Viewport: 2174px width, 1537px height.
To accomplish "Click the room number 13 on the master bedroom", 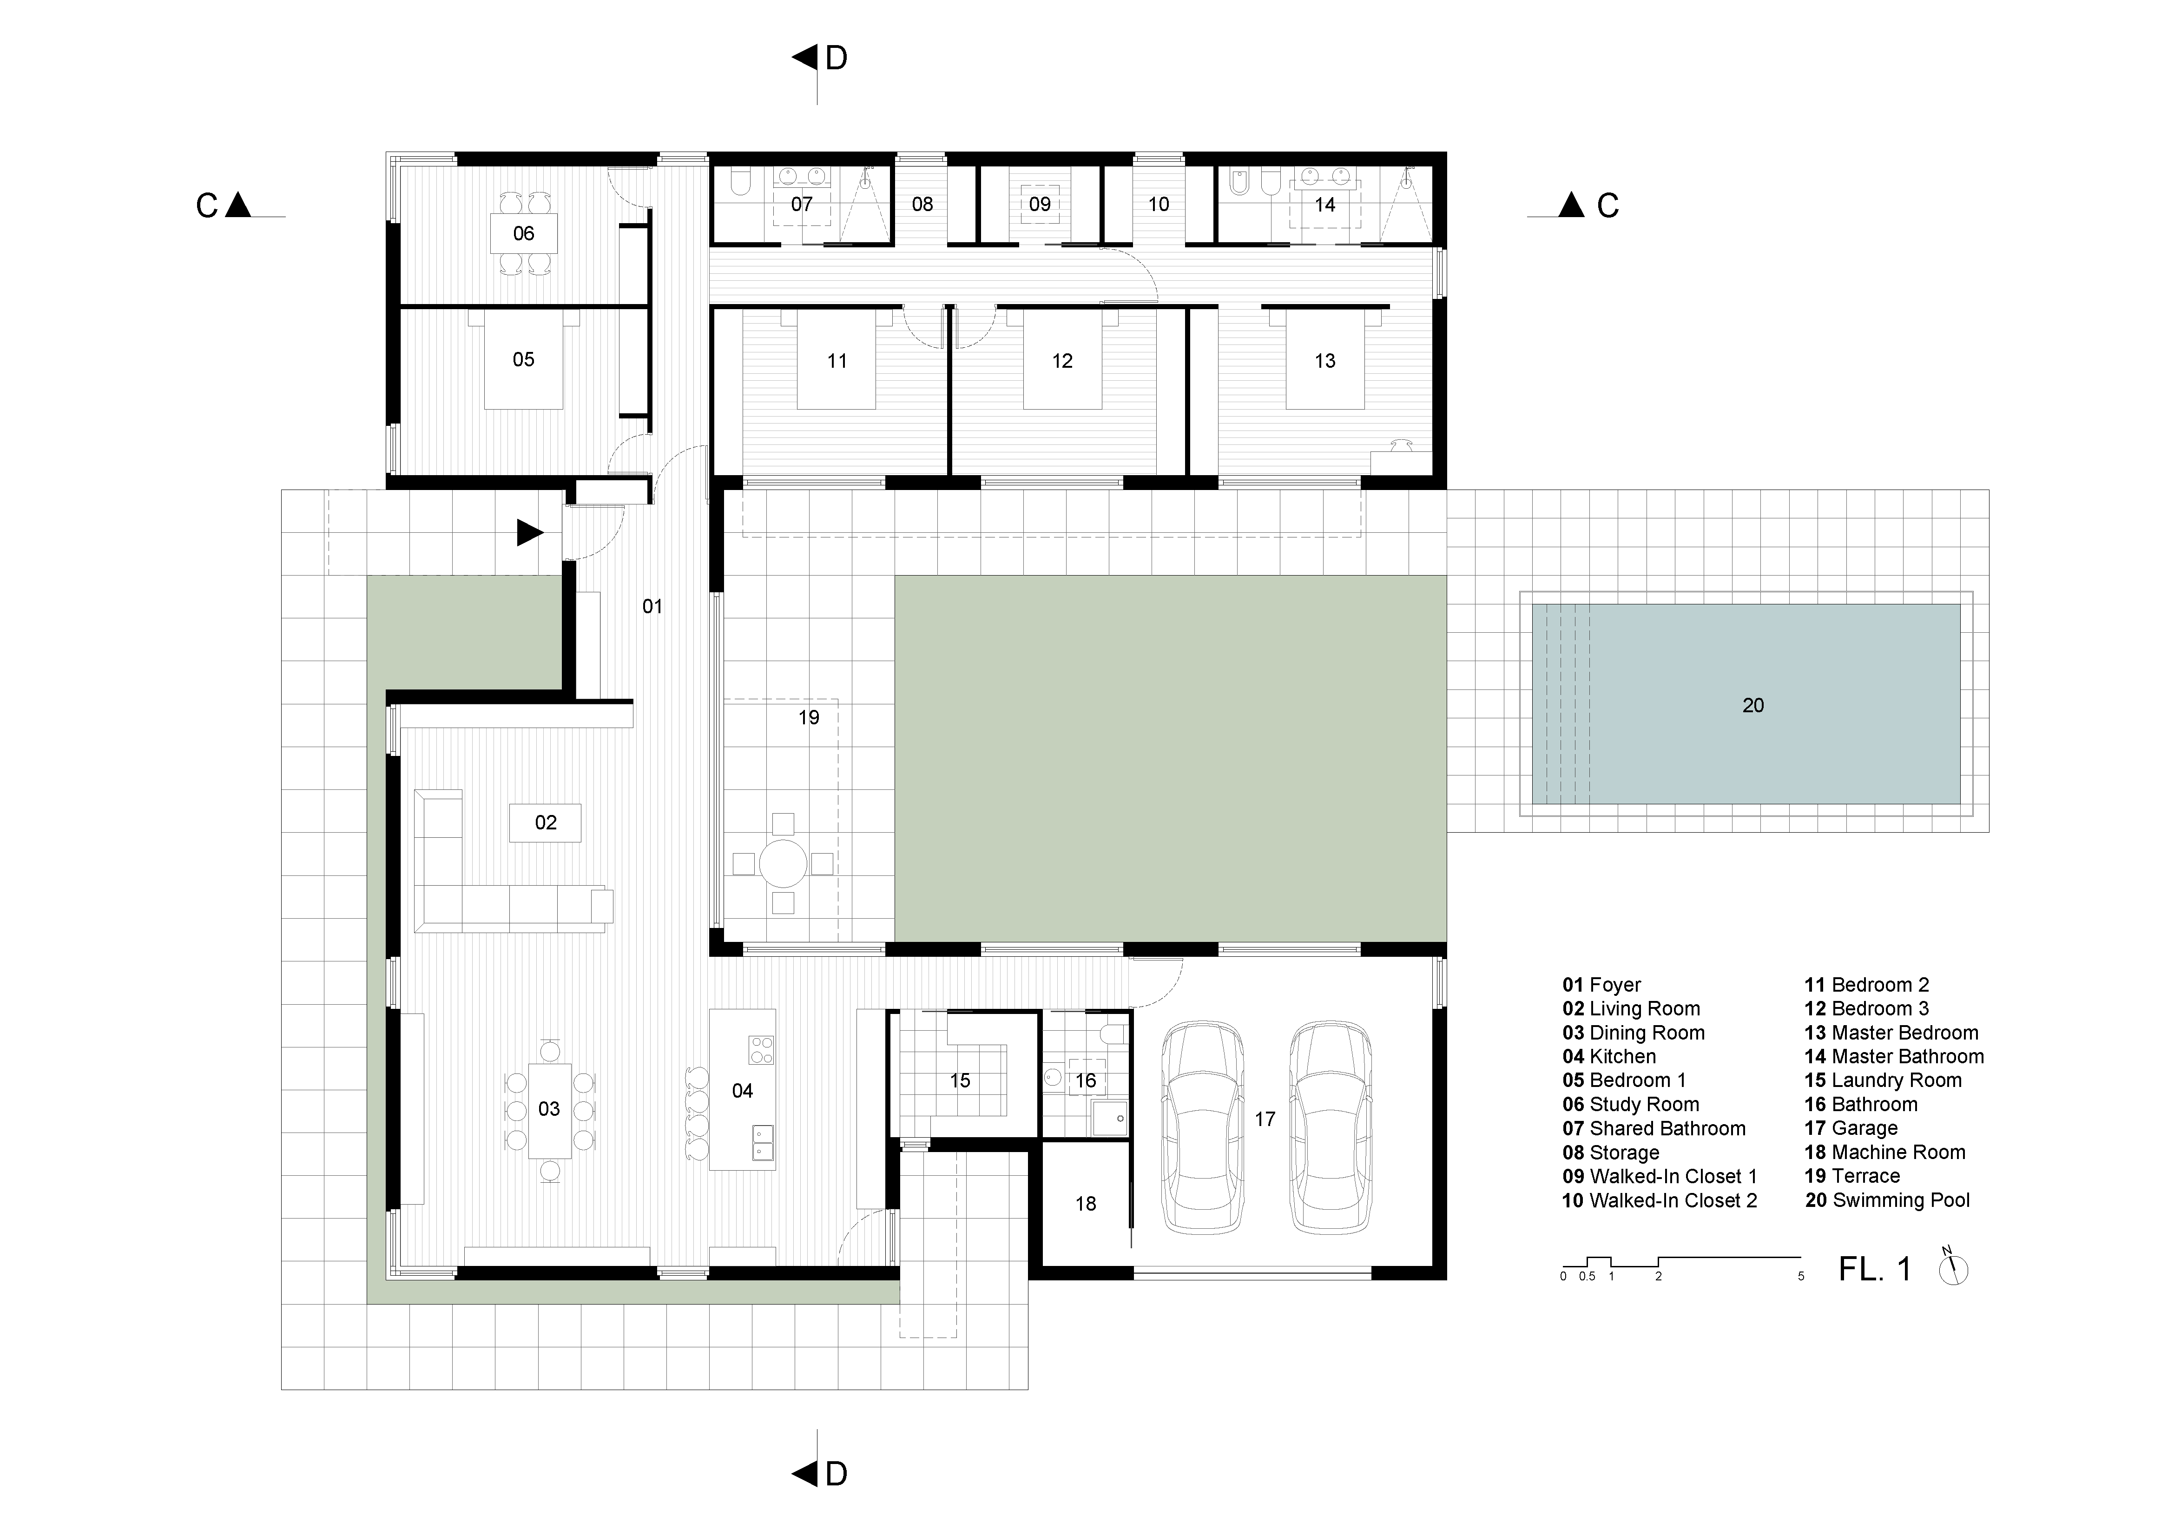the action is click(1324, 361).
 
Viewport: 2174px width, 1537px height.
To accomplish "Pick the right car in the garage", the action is click(1331, 1127).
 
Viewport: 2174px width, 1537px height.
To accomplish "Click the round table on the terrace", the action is click(783, 864).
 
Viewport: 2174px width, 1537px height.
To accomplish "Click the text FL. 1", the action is click(1875, 1269).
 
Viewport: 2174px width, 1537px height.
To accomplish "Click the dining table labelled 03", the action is click(549, 1110).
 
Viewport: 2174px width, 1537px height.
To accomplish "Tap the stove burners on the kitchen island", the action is click(761, 1049).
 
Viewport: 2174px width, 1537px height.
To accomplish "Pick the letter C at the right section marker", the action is click(1608, 205).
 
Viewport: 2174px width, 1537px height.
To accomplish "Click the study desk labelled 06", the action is click(524, 234).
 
